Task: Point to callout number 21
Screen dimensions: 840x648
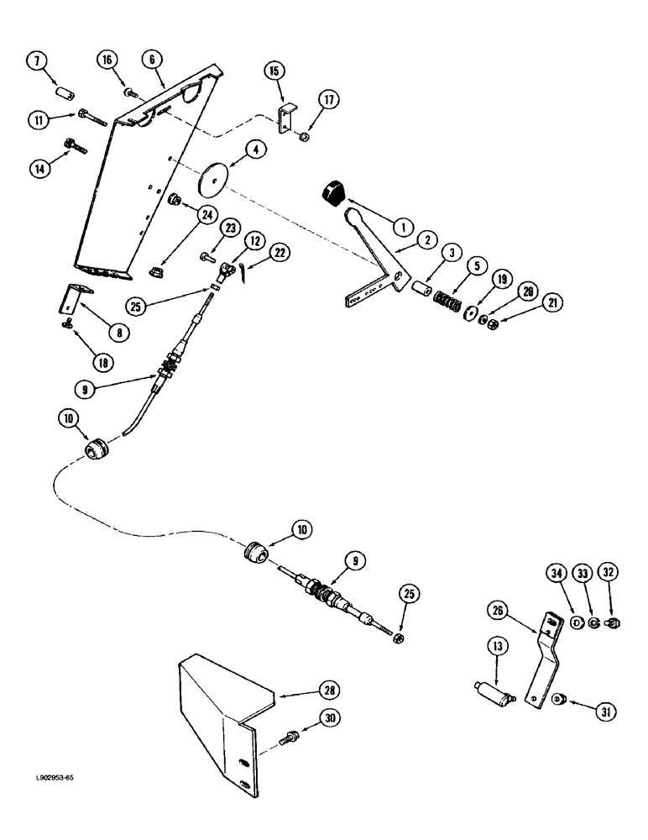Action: coord(552,302)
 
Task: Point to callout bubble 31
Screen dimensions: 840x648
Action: coord(606,711)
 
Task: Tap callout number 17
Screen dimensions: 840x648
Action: coord(328,102)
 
